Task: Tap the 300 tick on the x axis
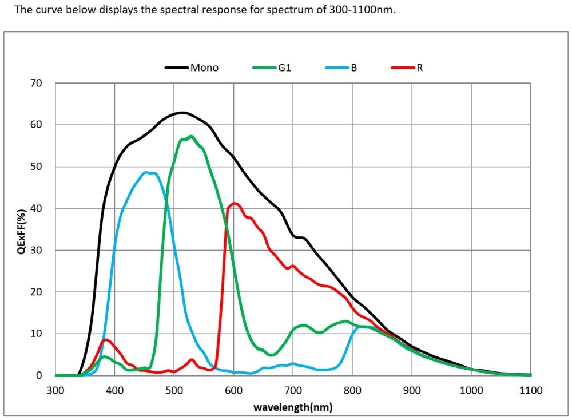pyautogui.click(x=55, y=390)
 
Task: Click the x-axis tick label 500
pyautogui.click(x=174, y=390)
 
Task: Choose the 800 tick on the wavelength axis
pyautogui.click(x=352, y=390)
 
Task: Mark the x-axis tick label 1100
pyautogui.click(x=530, y=390)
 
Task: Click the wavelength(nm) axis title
pyautogui.click(x=293, y=407)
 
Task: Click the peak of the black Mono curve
pyautogui.click(x=182, y=112)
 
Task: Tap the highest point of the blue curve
pyautogui.click(x=147, y=172)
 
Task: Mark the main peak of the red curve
pyautogui.click(x=235, y=203)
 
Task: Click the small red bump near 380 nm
pyautogui.click(x=105, y=340)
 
